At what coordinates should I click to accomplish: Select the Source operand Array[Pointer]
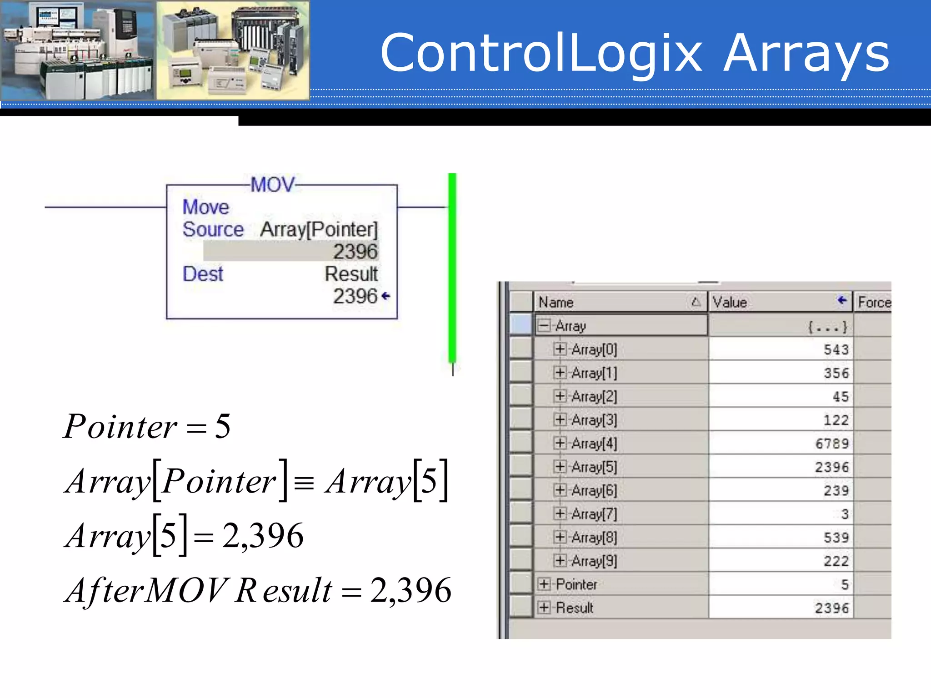click(x=319, y=229)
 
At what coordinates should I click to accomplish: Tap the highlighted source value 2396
click(x=355, y=251)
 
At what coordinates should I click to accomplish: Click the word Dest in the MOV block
click(x=203, y=274)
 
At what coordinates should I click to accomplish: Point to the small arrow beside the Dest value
click(x=386, y=296)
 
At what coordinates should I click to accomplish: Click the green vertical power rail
click(x=452, y=268)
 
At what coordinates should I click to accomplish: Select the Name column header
click(x=556, y=302)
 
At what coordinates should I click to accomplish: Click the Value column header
click(x=730, y=302)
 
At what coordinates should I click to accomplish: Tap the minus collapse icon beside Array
click(x=544, y=325)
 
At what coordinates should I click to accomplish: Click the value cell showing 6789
click(x=831, y=444)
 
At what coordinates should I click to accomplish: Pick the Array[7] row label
click(x=594, y=514)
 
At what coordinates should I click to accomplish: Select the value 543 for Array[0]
click(x=836, y=349)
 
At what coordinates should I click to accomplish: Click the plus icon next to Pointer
click(x=544, y=584)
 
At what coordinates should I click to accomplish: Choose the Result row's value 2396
click(x=831, y=608)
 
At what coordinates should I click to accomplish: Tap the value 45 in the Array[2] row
click(x=841, y=397)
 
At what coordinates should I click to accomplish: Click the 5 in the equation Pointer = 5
click(x=223, y=426)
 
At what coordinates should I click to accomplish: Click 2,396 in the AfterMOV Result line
click(x=410, y=591)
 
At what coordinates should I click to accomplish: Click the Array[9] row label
click(x=594, y=561)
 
